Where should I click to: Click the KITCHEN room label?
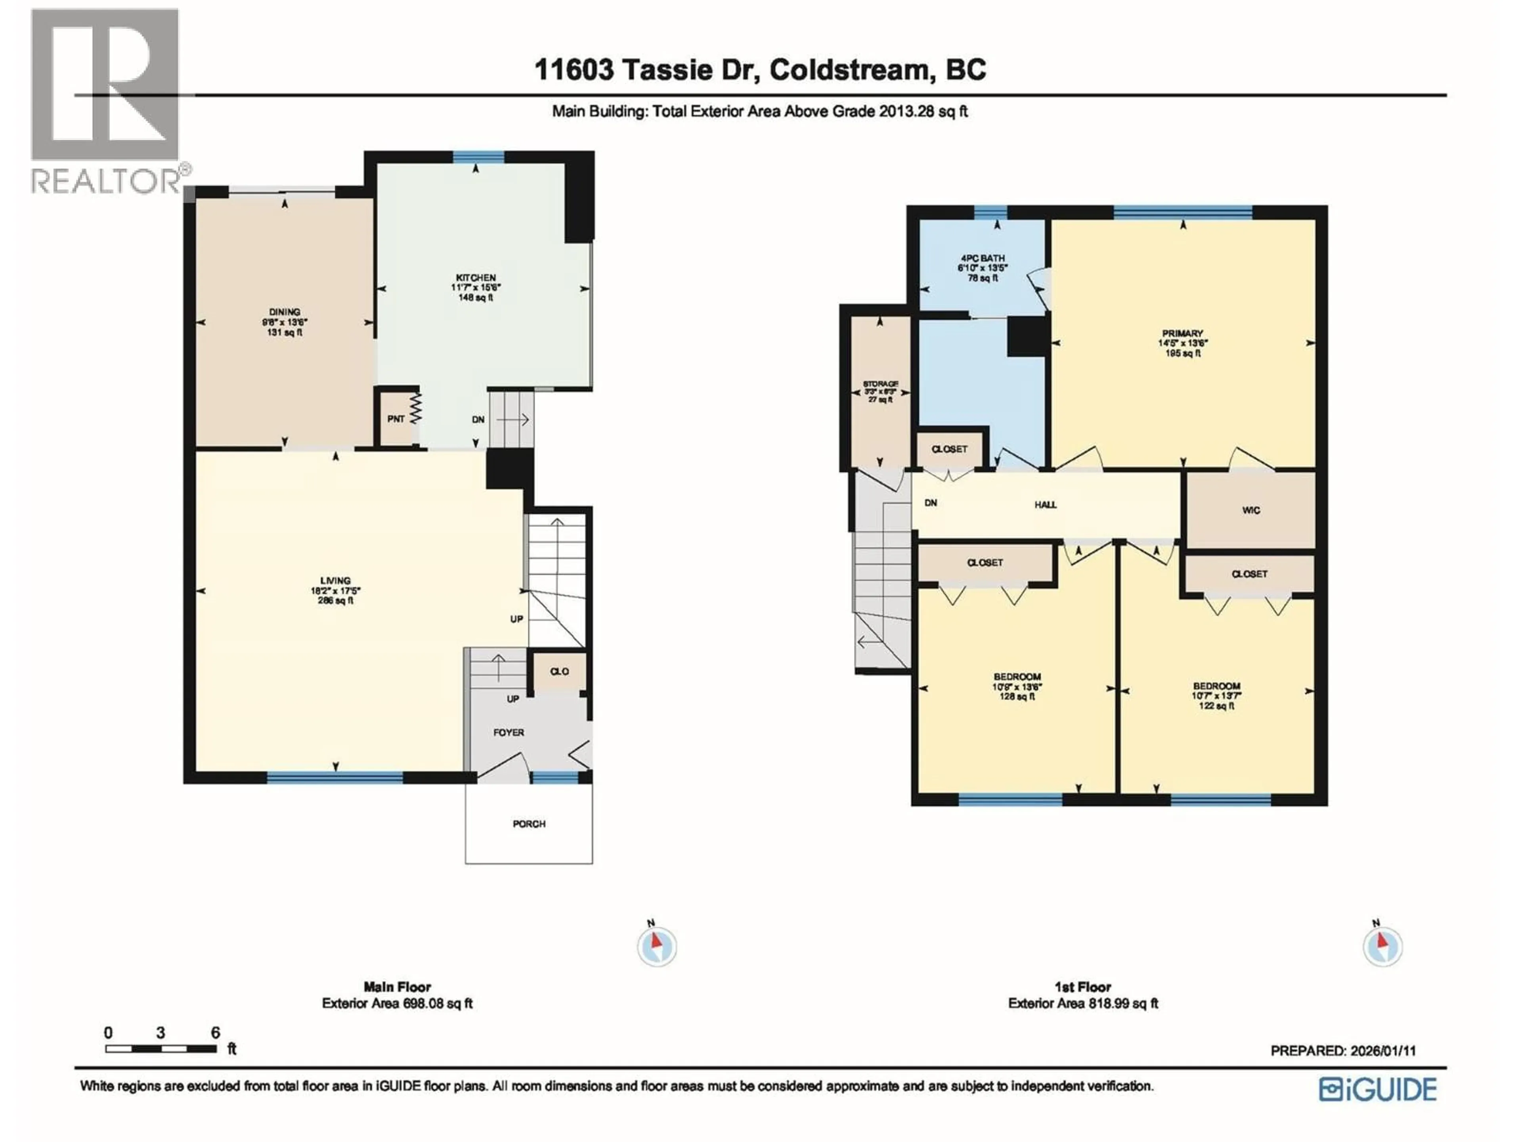[x=476, y=278]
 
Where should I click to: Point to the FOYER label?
[x=509, y=732]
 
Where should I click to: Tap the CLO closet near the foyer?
[x=559, y=671]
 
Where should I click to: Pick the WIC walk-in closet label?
[x=1251, y=510]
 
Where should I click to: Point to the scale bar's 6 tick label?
[x=215, y=1033]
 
